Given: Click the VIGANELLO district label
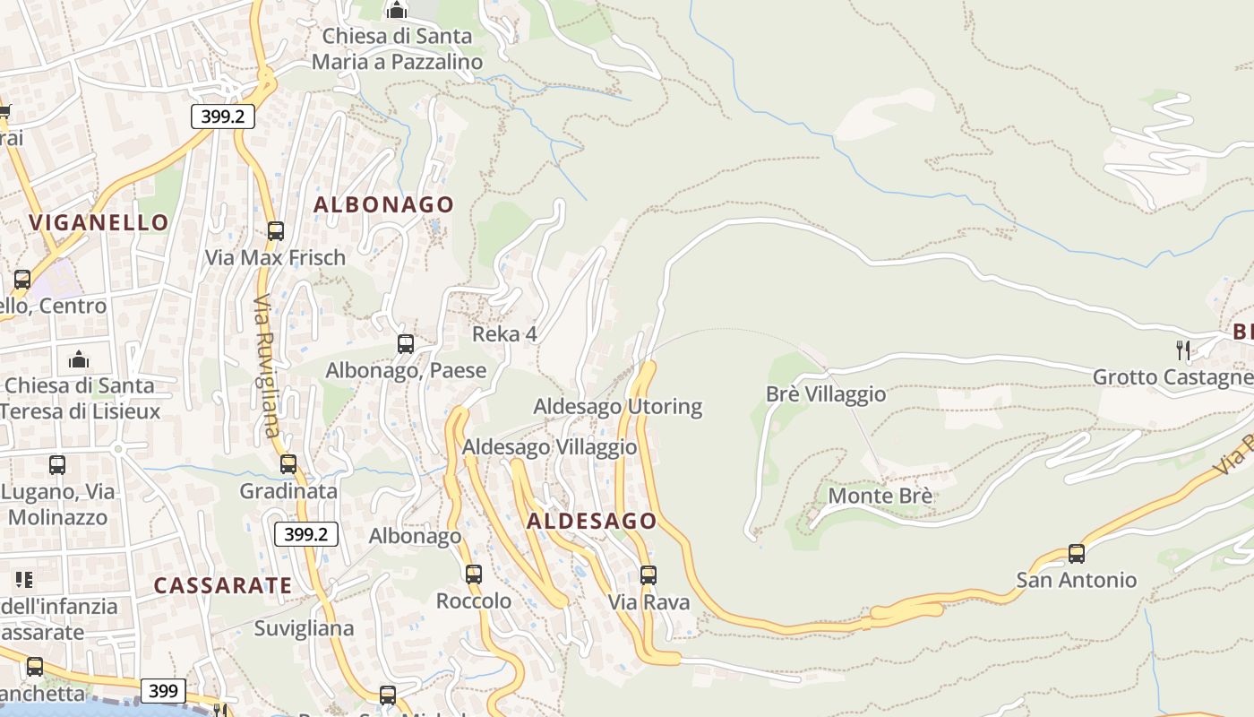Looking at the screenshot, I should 99,222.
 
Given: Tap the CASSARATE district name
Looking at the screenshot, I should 223,585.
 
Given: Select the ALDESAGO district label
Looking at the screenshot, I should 591,521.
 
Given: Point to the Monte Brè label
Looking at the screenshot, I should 880,496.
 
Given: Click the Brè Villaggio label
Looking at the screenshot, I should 826,393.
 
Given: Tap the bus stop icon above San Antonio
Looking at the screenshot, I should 1077,554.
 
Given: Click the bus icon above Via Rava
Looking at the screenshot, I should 648,575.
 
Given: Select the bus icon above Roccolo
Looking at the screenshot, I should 474,574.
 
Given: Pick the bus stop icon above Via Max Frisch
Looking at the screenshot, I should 276,231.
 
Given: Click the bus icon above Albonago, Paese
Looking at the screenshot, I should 406,344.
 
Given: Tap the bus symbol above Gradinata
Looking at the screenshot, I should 288,464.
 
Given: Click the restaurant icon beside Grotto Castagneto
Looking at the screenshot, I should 1183,350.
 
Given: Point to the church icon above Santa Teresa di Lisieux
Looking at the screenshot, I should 79,359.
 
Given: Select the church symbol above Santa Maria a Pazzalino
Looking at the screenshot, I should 397,11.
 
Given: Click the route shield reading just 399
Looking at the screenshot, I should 163,691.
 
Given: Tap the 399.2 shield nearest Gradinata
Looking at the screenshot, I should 305,534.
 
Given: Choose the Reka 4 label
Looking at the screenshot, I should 504,334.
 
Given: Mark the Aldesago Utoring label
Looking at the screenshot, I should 618,406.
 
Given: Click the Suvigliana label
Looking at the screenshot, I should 304,628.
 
